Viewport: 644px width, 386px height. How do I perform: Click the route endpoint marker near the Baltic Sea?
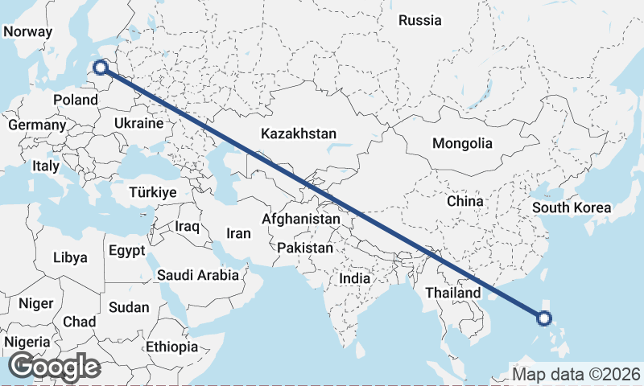[x=101, y=68]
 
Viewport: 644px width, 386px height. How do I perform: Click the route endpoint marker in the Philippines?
[x=543, y=318]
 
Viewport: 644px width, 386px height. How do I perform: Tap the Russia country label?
[x=420, y=20]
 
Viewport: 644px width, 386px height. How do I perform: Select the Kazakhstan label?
[x=298, y=134]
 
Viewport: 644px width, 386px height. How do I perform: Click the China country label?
[x=464, y=201]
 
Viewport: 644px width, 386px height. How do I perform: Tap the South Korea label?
[x=571, y=207]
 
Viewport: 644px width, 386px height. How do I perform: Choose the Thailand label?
[x=453, y=292]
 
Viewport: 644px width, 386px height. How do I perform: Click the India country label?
[x=354, y=278]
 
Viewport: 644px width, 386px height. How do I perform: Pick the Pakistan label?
[x=304, y=248]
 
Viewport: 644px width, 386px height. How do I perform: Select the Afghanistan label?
[x=301, y=219]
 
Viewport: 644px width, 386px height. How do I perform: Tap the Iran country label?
[x=238, y=234]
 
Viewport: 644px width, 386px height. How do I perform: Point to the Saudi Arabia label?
[x=197, y=275]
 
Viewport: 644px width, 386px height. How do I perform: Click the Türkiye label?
[x=153, y=193]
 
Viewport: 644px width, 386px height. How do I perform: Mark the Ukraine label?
[x=138, y=124]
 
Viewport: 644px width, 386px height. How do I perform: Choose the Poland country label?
[x=75, y=101]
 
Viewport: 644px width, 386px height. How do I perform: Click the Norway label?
[x=28, y=32]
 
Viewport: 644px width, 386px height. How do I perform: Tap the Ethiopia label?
[x=171, y=347]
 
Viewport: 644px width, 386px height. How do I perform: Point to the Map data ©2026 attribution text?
[x=576, y=374]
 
